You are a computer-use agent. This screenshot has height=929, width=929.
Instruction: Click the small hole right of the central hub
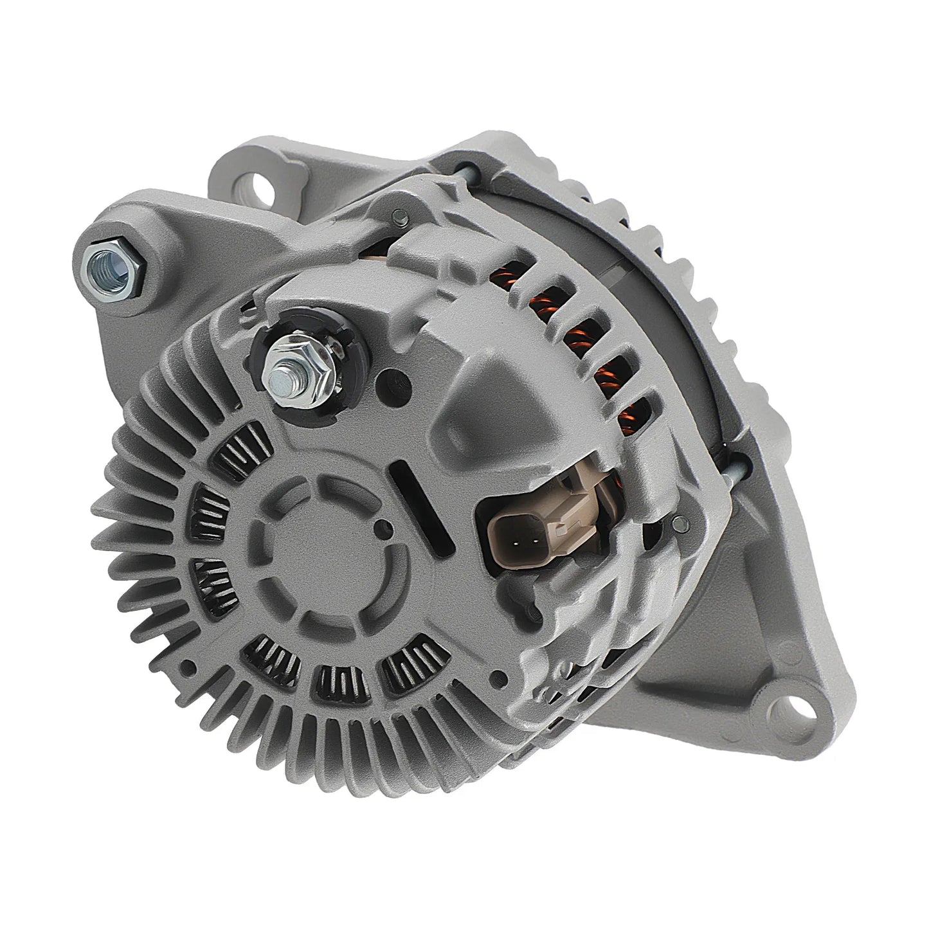click(x=384, y=531)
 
